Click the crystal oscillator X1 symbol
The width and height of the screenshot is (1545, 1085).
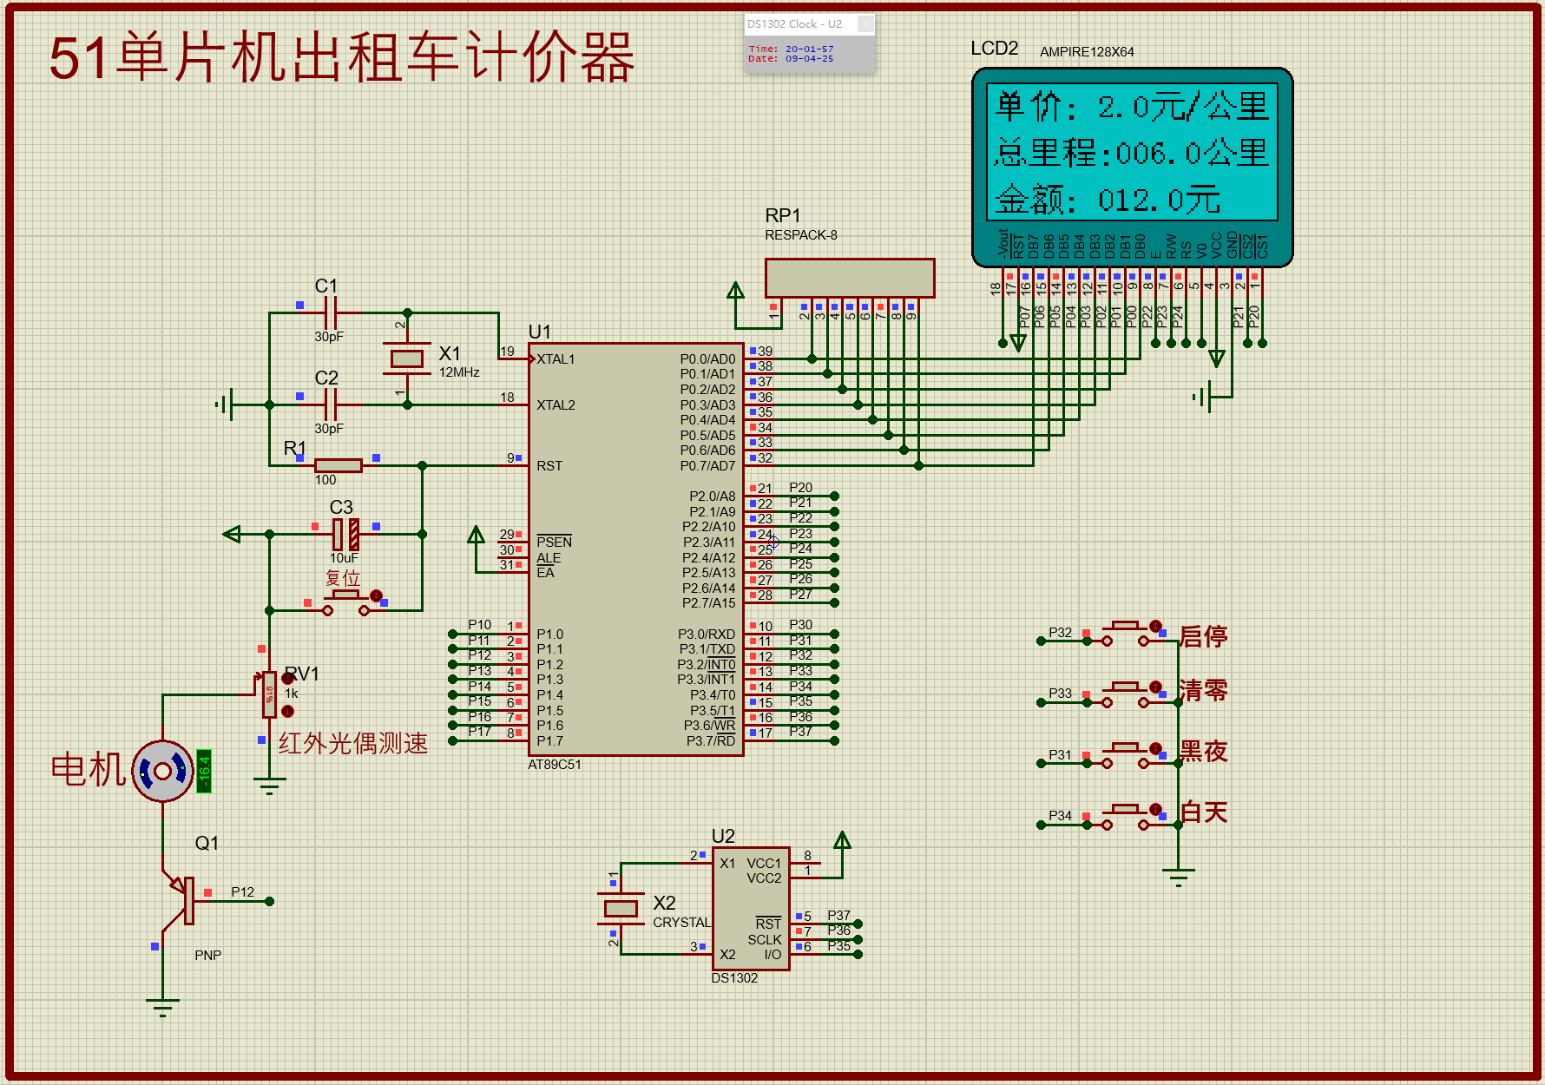point(406,358)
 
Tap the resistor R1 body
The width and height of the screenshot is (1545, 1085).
point(338,465)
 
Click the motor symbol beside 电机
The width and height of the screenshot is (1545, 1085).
point(162,771)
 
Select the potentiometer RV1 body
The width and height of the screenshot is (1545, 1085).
point(269,694)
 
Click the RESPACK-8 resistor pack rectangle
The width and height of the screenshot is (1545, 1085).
point(849,278)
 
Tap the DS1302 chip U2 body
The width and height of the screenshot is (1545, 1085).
point(750,908)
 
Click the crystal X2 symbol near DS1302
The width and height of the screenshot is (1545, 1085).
point(620,908)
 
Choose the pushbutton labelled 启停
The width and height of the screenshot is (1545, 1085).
point(1126,634)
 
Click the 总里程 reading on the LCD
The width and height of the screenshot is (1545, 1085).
point(1131,154)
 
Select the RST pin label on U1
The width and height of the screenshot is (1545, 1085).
point(549,466)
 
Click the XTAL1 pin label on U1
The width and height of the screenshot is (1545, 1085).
point(556,359)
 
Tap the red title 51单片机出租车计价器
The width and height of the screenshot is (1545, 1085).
point(342,58)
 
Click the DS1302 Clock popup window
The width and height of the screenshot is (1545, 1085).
point(809,43)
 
